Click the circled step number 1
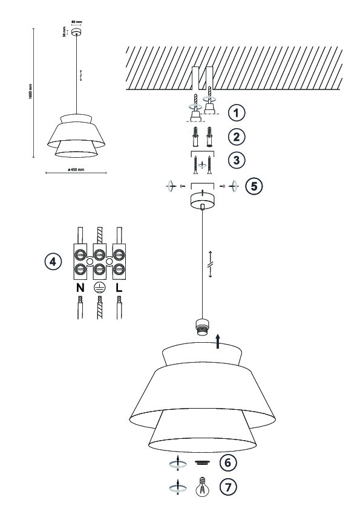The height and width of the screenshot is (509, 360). point(236,112)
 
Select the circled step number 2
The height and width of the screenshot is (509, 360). point(236,137)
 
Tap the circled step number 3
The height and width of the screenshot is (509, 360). point(236,160)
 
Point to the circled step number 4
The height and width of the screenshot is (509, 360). point(53,262)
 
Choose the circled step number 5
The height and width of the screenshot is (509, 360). point(254,186)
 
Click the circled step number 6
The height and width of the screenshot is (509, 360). point(228,462)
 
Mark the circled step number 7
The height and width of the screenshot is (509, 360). point(228,487)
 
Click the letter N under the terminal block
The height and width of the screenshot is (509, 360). point(80,288)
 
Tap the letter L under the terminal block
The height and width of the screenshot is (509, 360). point(119,288)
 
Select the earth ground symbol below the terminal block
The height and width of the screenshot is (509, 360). point(99,287)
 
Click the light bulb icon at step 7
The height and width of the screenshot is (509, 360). point(202,487)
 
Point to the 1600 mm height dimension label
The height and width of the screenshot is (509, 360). point(30,91)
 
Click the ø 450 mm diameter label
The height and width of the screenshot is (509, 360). point(76,169)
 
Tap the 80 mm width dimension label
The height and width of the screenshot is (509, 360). point(77,22)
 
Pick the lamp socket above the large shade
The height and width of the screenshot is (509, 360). point(201,327)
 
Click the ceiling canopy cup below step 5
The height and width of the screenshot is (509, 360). point(202,199)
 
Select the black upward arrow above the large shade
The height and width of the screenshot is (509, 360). point(218,342)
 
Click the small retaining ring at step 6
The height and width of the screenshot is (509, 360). point(202,462)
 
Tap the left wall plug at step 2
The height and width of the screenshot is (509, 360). point(195,137)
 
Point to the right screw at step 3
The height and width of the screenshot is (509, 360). point(209,164)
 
